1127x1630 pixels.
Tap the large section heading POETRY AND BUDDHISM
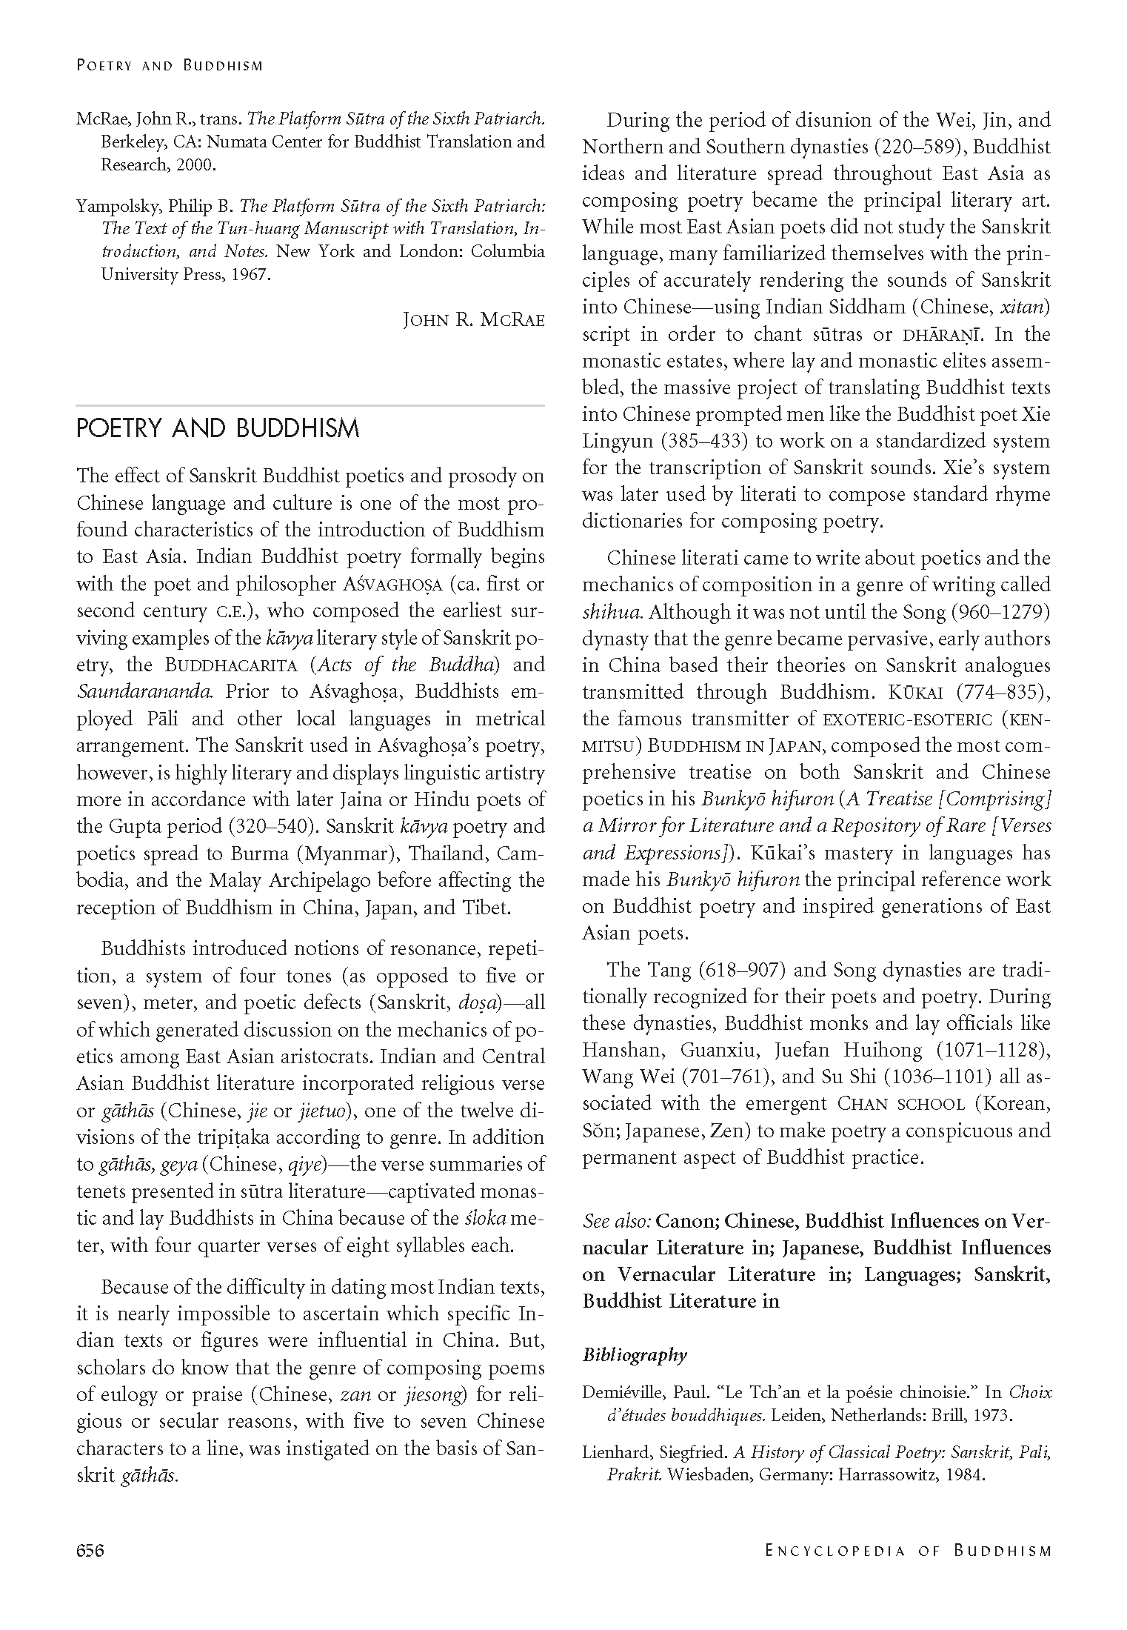pyautogui.click(x=218, y=429)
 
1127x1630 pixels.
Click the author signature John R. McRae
pyautogui.click(x=473, y=319)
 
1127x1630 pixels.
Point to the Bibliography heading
pyautogui.click(x=635, y=1355)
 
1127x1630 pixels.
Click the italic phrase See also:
pyautogui.click(x=616, y=1220)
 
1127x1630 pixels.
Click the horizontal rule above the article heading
pyautogui.click(x=310, y=405)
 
